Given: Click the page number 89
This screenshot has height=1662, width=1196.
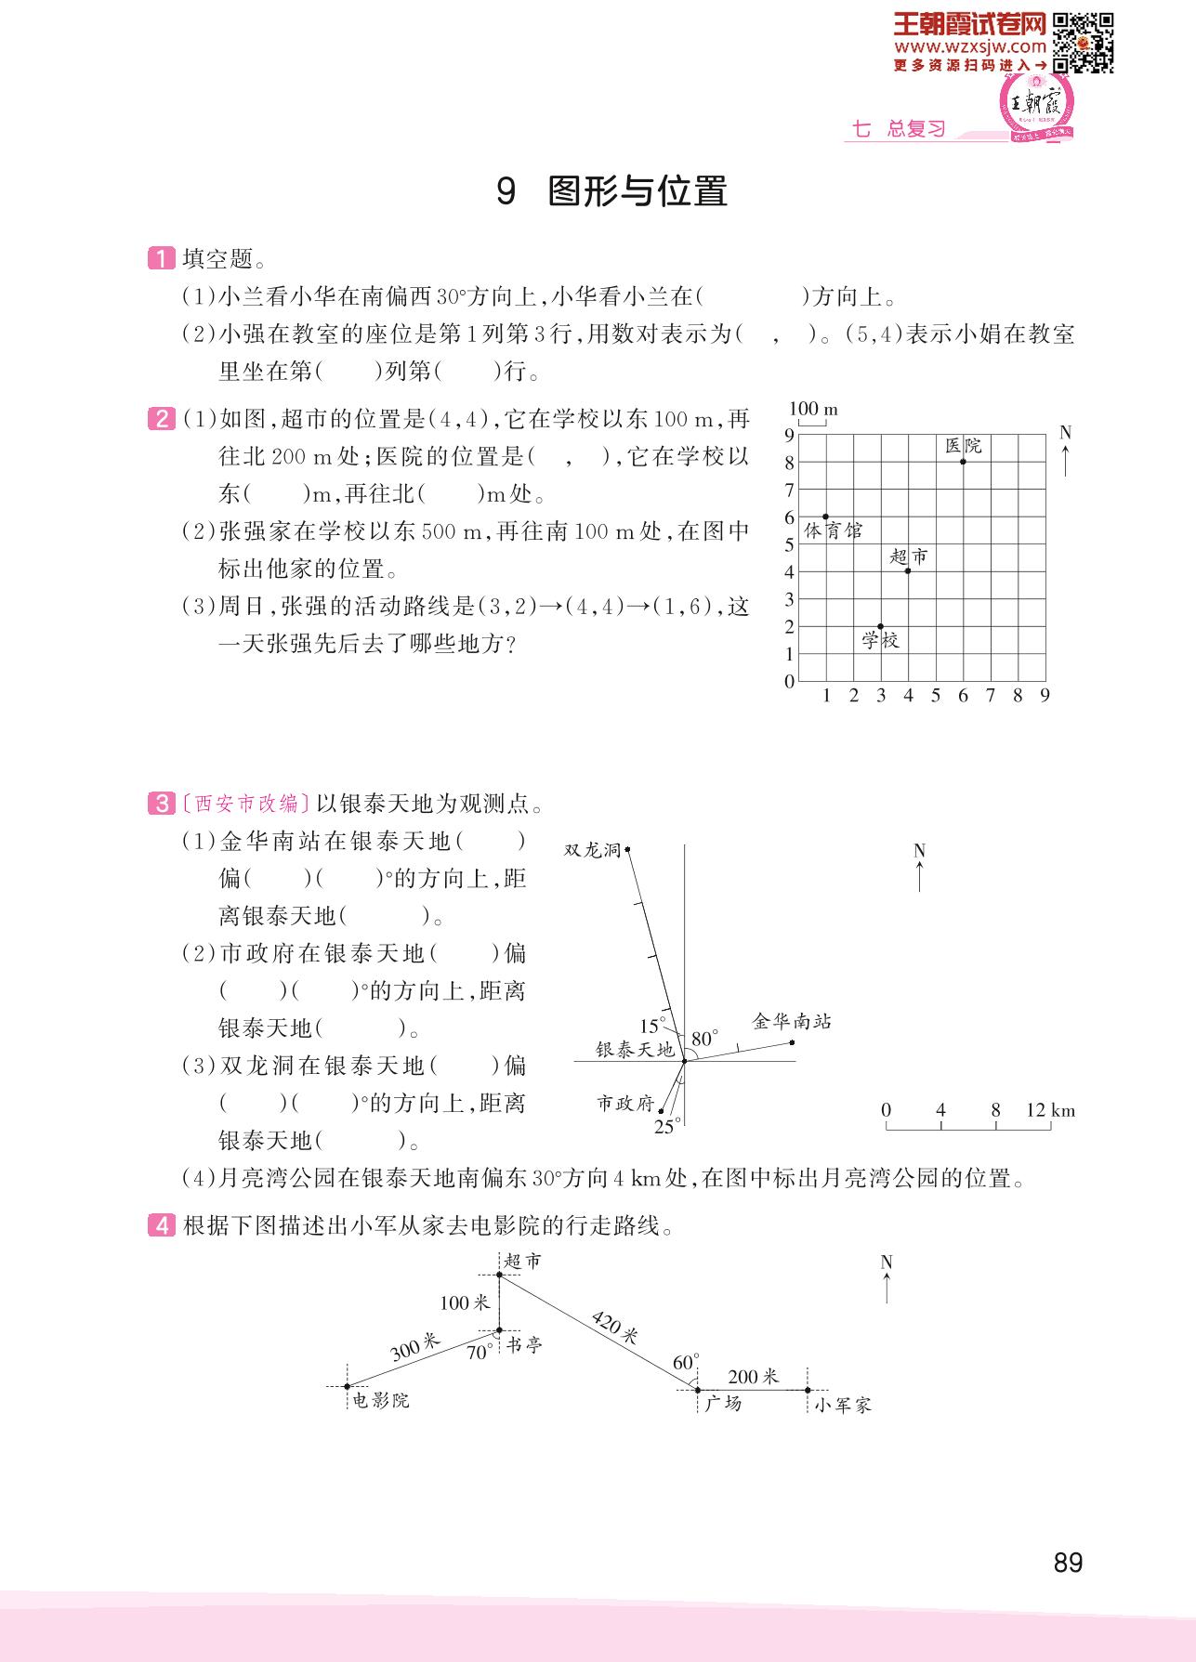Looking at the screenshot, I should click(x=1068, y=1563).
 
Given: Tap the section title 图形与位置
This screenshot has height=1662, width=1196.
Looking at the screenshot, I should click(x=637, y=191).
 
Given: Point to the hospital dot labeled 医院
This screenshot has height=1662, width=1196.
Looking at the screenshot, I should click(x=963, y=462).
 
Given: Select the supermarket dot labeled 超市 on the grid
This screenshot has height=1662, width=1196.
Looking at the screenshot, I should click(x=908, y=570).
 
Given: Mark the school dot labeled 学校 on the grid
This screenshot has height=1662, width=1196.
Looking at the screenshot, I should click(x=881, y=626).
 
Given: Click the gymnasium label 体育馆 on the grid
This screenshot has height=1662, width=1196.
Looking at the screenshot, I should click(x=833, y=530).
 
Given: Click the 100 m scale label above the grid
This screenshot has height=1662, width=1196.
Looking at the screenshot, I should click(x=812, y=409).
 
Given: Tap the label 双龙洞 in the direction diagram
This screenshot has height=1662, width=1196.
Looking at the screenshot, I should click(x=592, y=849).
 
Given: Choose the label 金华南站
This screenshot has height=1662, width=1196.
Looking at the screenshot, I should click(x=791, y=1022).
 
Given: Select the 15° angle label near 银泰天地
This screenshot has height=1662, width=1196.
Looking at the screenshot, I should click(x=651, y=1026).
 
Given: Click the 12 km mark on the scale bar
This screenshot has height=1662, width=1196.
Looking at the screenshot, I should click(x=1050, y=1110).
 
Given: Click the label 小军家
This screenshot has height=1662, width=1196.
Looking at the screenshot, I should click(x=842, y=1405).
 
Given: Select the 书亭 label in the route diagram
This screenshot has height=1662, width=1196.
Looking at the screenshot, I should click(x=524, y=1344).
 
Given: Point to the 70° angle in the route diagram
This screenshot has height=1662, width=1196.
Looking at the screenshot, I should click(x=480, y=1353).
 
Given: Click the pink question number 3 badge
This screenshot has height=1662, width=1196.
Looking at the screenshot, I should click(x=162, y=803).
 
